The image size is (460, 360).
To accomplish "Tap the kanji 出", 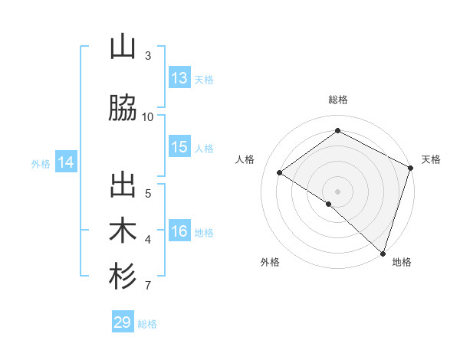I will click(123, 186).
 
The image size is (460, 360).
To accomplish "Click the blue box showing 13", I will click(179, 78).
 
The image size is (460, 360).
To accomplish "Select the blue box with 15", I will click(179, 147).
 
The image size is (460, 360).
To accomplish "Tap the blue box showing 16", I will click(179, 231).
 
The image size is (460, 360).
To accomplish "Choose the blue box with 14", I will click(66, 162).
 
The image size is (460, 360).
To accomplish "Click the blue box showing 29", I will click(123, 322).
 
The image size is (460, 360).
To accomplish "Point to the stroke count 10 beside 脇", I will click(148, 116).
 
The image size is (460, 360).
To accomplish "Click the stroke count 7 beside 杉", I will click(148, 286).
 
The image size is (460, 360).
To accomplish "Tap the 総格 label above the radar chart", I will click(337, 100).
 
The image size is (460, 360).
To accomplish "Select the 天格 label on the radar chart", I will click(431, 159).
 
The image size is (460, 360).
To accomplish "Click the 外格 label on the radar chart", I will click(270, 262).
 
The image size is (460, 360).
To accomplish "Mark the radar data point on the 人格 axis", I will click(280, 173).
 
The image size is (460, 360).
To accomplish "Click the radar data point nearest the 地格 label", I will click(383, 252).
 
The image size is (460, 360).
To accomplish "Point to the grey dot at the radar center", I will click(337, 190).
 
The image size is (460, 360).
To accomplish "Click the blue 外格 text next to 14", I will click(40, 163).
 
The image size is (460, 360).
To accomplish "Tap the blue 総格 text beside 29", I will click(147, 324).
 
